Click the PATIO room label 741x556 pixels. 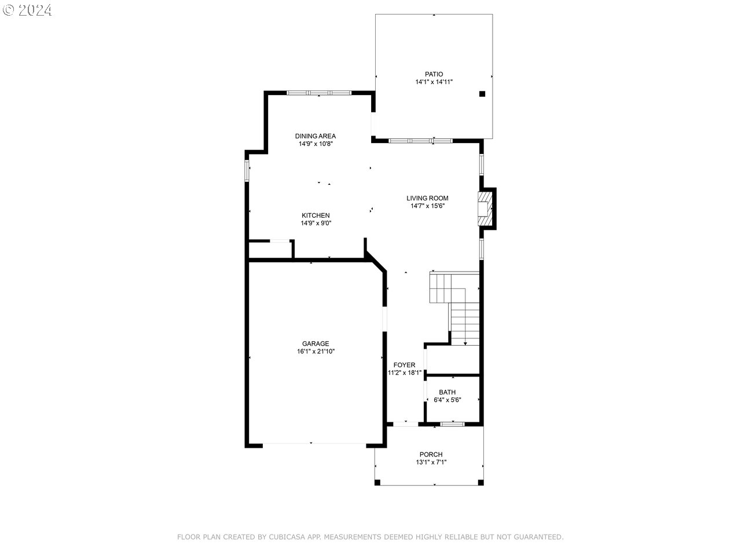[434, 74]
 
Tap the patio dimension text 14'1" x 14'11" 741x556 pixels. [434, 82]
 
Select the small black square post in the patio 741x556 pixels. [482, 94]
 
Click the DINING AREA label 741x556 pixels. [316, 136]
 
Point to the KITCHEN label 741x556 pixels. [316, 215]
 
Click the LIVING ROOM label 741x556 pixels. [427, 198]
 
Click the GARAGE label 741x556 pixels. [316, 343]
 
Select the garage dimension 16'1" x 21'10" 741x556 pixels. [316, 352]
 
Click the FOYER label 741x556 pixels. [404, 365]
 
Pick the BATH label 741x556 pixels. [447, 392]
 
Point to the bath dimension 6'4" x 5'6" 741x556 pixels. [447, 400]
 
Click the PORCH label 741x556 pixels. [431, 455]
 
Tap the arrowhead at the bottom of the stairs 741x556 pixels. [465, 343]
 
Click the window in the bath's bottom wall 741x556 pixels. [452, 424]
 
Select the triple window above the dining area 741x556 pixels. [319, 93]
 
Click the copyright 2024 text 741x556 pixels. [27, 10]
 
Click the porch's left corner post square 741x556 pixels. [377, 482]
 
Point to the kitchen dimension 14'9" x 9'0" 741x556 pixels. [316, 223]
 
